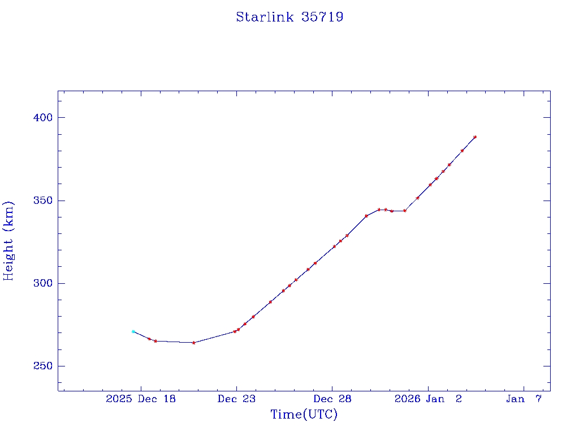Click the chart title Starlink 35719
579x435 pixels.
289,17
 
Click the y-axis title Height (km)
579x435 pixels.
8,240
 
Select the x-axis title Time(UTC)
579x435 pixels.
304,415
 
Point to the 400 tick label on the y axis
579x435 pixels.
42,118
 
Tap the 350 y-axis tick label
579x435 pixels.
42,201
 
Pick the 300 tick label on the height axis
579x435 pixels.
42,283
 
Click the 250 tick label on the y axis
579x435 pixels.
42,366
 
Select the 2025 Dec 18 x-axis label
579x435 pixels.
141,399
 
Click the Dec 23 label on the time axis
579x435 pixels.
237,399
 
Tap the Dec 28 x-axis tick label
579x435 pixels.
332,399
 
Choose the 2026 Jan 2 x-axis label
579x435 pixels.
428,399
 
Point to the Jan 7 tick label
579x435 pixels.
524,399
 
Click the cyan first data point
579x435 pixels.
133,331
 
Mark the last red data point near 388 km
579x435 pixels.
475,137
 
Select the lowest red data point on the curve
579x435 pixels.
193,343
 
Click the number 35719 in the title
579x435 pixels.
322,17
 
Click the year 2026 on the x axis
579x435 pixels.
407,399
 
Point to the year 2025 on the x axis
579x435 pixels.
119,399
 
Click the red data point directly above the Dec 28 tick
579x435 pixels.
334,246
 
